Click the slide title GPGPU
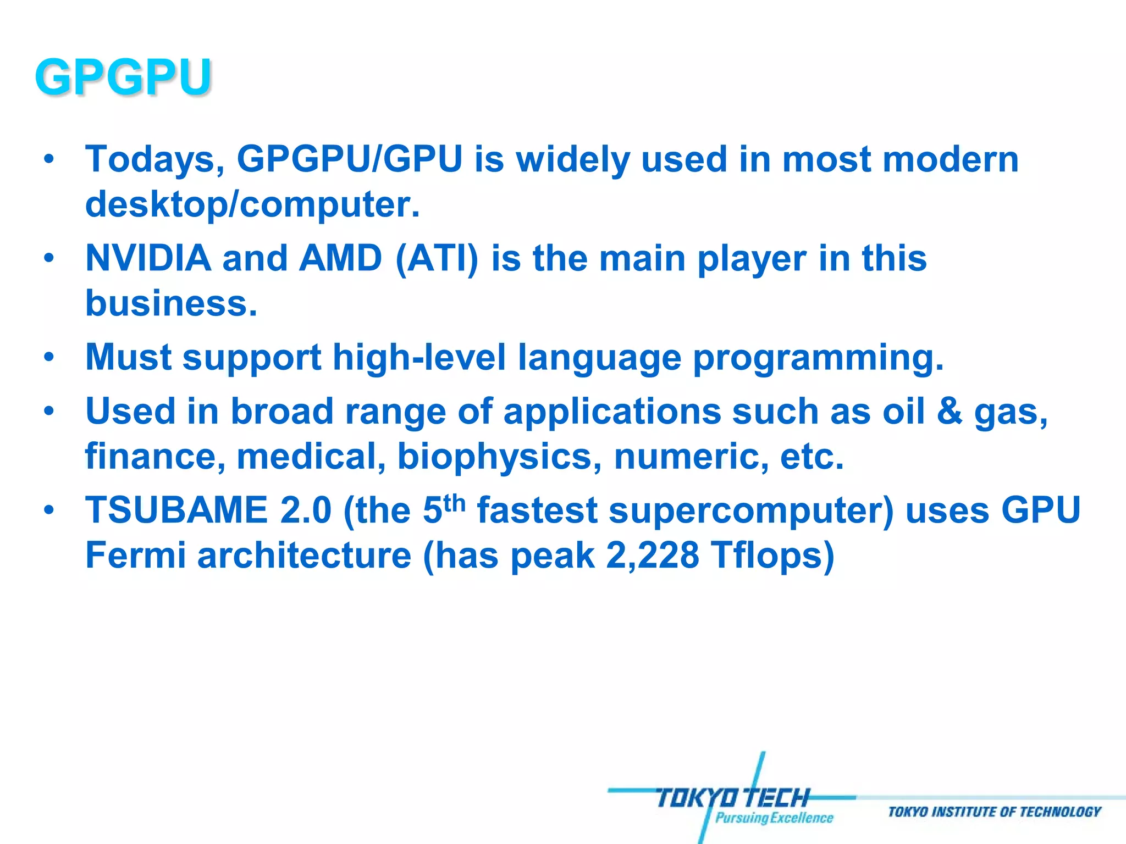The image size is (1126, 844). click(123, 77)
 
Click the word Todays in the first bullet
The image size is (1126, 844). click(154, 160)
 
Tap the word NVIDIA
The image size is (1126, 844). click(148, 258)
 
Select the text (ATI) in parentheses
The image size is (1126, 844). click(437, 258)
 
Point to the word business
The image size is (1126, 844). click(171, 303)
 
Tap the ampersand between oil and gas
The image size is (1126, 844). click(950, 411)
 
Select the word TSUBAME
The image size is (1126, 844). click(176, 510)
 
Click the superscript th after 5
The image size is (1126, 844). click(454, 502)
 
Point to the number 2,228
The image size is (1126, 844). click(653, 555)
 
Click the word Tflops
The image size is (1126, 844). click(772, 555)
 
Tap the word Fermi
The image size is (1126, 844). click(135, 555)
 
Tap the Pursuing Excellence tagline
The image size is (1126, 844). click(774, 818)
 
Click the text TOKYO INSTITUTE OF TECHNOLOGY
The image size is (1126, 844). click(994, 812)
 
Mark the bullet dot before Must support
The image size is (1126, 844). click(49, 357)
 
